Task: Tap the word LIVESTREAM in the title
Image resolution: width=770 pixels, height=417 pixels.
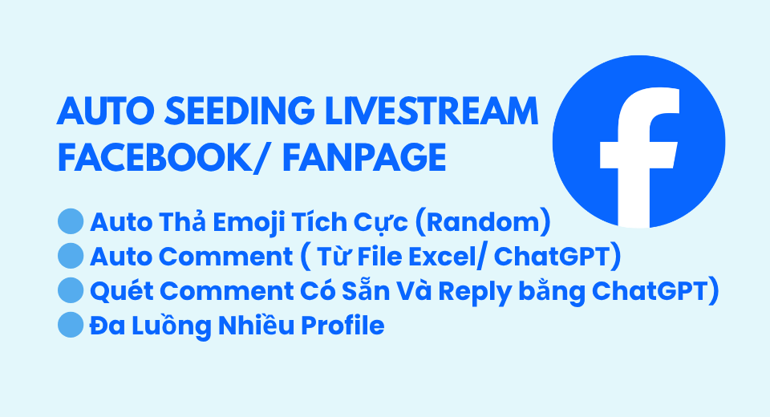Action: (x=432, y=110)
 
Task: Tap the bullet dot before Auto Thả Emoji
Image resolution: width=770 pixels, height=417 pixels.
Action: (x=71, y=220)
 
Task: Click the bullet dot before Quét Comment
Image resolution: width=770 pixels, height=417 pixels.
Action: (x=71, y=289)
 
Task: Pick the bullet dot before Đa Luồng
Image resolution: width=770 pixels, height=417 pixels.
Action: (x=71, y=325)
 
